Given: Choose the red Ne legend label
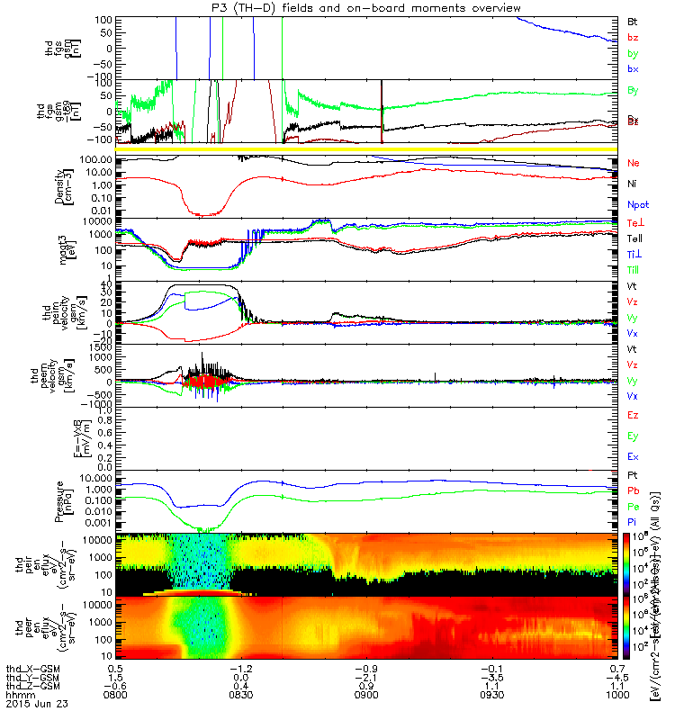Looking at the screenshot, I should point(634,163).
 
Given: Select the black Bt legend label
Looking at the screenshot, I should point(633,20).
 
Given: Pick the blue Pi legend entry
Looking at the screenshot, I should point(633,521).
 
